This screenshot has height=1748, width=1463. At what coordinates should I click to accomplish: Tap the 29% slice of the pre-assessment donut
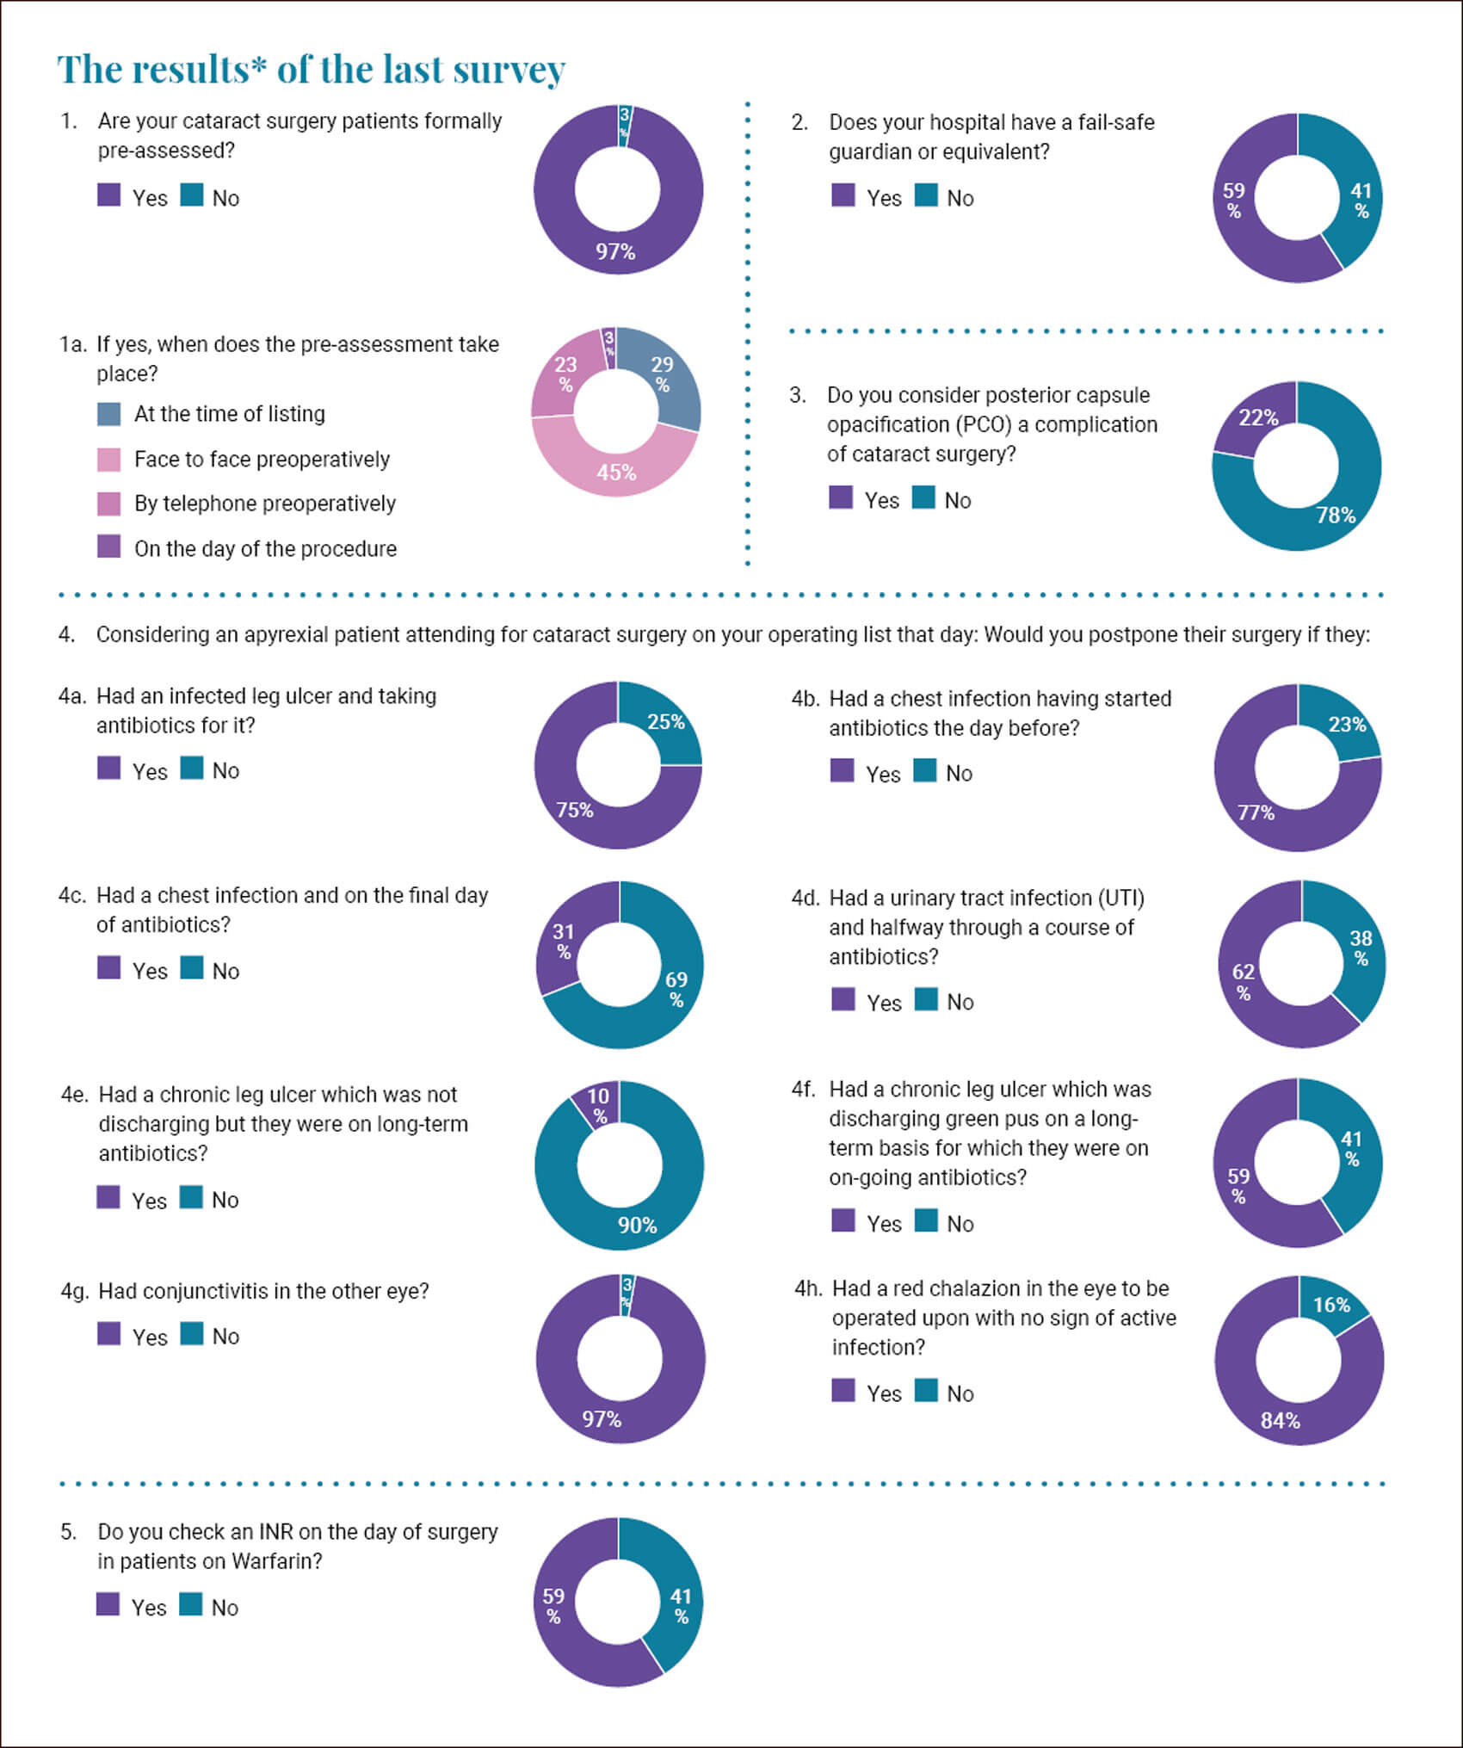pos(664,375)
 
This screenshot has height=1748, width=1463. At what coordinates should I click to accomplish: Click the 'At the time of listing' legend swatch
pos(109,414)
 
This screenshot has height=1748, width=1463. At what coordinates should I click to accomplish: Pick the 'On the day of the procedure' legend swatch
pos(109,547)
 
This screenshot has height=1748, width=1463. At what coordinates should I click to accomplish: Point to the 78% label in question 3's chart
pos(1336,515)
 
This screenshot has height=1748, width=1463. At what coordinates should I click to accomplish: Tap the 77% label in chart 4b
pos(1256,812)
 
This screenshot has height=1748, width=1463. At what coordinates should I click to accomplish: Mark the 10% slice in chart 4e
pos(597,1104)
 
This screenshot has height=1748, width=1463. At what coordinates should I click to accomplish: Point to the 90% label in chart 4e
pos(637,1224)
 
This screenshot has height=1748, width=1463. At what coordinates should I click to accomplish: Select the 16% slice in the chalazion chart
pos(1330,1305)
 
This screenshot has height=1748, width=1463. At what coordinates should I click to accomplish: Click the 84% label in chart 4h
pos(1280,1420)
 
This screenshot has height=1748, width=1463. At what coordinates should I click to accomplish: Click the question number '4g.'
pos(75,1291)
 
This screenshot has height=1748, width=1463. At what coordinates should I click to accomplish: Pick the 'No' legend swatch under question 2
pos(926,195)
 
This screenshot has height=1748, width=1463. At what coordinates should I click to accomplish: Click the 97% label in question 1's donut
pos(615,251)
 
